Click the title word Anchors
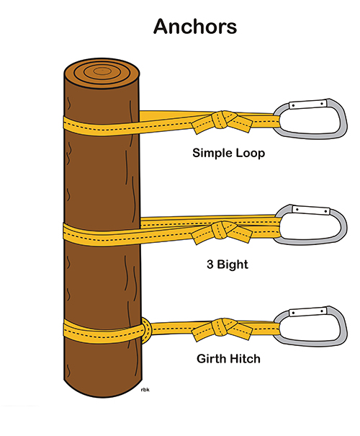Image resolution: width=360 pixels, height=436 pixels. click(x=195, y=27)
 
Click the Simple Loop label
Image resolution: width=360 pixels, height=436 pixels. click(x=229, y=154)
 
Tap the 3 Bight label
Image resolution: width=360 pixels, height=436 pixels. click(x=228, y=264)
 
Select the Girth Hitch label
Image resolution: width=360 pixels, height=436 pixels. click(x=228, y=359)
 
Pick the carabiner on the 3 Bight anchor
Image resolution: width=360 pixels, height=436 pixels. click(x=344, y=225)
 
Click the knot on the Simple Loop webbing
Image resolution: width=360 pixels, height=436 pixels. click(x=222, y=121)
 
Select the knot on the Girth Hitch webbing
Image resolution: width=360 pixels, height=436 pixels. click(x=222, y=329)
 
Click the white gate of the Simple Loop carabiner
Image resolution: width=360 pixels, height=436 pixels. click(x=307, y=104)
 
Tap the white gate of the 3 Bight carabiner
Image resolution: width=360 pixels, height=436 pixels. click(x=311, y=210)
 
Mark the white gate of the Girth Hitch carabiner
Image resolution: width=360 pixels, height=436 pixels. click(x=307, y=311)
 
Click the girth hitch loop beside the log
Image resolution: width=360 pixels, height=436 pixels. click(x=146, y=330)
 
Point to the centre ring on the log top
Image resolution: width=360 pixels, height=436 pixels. click(x=102, y=71)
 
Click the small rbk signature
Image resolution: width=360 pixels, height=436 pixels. click(x=145, y=390)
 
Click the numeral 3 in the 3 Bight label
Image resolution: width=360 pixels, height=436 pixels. click(x=210, y=264)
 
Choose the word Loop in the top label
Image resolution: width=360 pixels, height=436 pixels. click(x=251, y=154)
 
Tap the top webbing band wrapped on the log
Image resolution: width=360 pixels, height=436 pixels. click(x=102, y=126)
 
